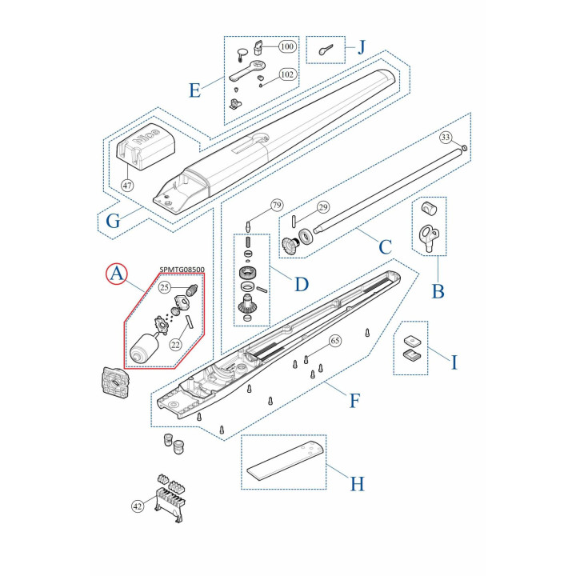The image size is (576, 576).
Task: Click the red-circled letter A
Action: [x=117, y=274]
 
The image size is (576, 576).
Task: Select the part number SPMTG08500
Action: [x=182, y=270]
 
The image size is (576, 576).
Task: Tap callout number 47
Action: [x=127, y=185]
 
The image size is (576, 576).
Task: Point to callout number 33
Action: [x=446, y=138]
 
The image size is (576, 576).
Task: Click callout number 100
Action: [x=287, y=46]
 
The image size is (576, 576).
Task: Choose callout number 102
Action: [x=287, y=74]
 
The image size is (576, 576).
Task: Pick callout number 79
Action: [x=277, y=205]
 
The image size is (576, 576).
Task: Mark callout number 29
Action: [x=323, y=207]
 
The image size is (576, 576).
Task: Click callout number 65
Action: [x=335, y=341]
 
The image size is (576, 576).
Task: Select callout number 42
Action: [x=138, y=506]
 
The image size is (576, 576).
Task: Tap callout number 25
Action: [x=164, y=287]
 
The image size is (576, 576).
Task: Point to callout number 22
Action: [x=175, y=345]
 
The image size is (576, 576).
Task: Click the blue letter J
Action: [x=362, y=47]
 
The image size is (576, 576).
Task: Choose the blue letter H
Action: [x=357, y=484]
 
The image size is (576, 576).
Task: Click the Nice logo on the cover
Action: [x=146, y=137]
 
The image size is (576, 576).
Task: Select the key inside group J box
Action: [x=326, y=50]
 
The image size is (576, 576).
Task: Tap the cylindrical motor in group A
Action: [x=144, y=348]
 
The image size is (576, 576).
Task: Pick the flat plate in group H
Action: [x=286, y=461]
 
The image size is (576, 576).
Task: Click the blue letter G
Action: [x=113, y=221]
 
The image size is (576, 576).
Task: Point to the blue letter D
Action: [x=302, y=284]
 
